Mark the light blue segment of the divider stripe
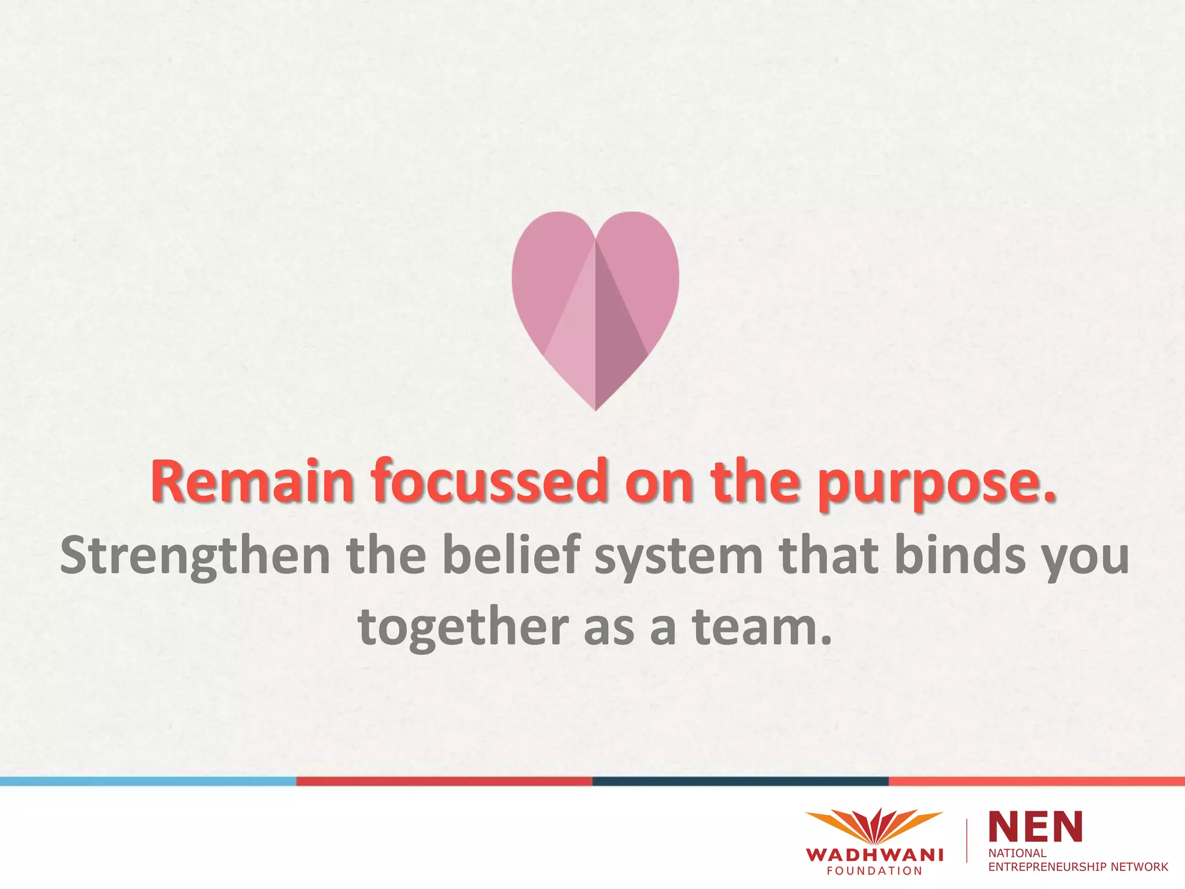pos(148,781)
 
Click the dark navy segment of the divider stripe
pos(741,781)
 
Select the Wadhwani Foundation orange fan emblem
pos(874,826)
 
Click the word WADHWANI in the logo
pos(874,855)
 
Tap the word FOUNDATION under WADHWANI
pos(874,871)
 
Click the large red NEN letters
pos(1036,826)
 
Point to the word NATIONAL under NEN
pos(1017,853)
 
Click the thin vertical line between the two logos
pos(967,841)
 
